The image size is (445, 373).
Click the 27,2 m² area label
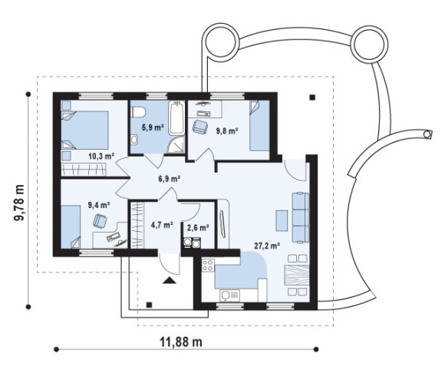click(x=267, y=246)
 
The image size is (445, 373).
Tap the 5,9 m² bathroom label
click(x=153, y=127)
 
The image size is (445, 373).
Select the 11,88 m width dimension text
click(x=181, y=342)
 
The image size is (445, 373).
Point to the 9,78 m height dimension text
click(x=18, y=202)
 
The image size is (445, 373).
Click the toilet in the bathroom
click(x=138, y=112)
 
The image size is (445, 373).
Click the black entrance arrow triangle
click(x=170, y=280)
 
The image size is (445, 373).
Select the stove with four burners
click(x=208, y=265)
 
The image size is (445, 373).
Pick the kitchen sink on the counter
click(x=226, y=295)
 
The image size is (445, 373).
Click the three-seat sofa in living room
click(x=300, y=218)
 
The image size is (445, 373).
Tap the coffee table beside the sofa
click(x=282, y=220)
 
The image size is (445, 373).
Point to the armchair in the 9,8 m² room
click(x=200, y=126)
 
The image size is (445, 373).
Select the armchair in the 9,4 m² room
click(x=100, y=220)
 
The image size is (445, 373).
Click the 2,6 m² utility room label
click(x=198, y=227)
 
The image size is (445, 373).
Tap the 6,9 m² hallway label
click(x=170, y=179)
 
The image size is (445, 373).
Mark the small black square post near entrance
click(x=149, y=305)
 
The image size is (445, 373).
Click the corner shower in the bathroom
click(x=176, y=144)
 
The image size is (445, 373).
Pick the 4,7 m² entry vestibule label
click(x=162, y=226)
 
